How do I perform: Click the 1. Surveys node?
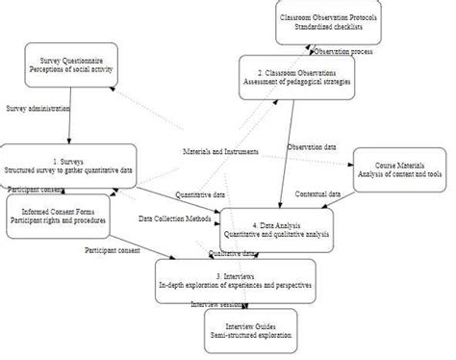point(68,165)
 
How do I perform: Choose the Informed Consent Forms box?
point(57,216)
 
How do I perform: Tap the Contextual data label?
point(317,194)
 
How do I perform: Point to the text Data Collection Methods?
point(176,218)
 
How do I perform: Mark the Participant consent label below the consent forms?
point(113,250)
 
